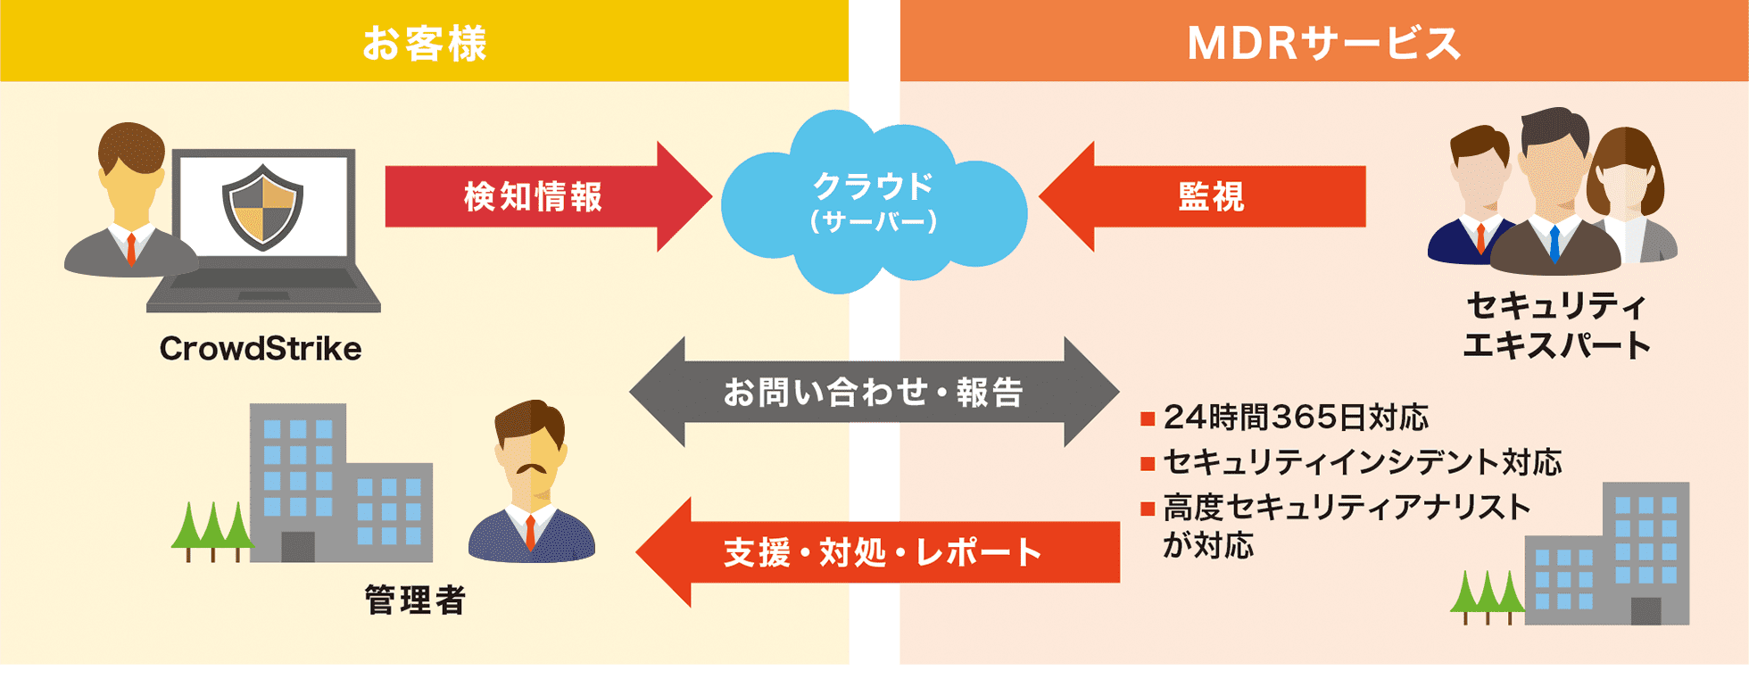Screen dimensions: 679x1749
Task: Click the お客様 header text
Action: click(x=425, y=43)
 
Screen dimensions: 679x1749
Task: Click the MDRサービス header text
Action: click(x=1323, y=43)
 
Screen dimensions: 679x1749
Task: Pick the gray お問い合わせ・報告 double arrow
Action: click(x=873, y=393)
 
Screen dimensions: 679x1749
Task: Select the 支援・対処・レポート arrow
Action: click(x=879, y=553)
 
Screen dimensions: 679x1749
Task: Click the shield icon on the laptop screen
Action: click(x=262, y=206)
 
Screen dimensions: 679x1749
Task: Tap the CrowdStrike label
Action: click(x=261, y=349)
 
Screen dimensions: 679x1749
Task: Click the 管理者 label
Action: click(x=415, y=600)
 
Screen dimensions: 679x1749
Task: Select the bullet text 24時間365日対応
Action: click(x=1296, y=418)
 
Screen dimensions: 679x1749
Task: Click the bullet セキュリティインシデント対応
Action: click(x=1362, y=463)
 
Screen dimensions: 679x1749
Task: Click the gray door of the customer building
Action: click(x=297, y=546)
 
